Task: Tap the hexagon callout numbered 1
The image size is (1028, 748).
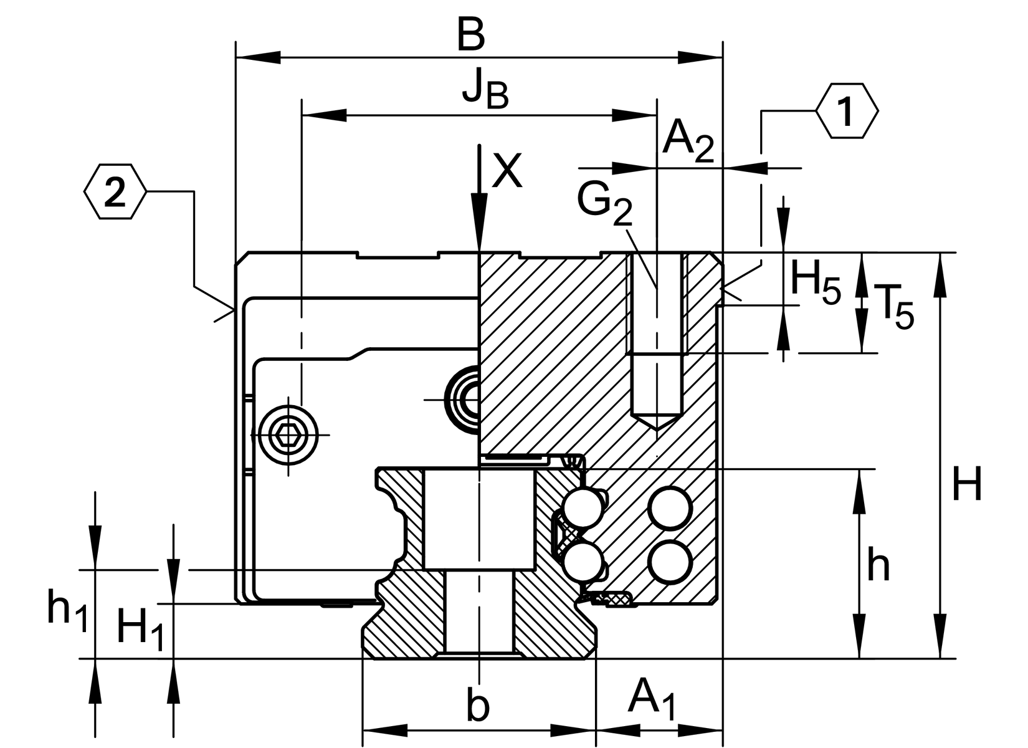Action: pos(847,111)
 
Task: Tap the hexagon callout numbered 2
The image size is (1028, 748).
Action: pos(115,192)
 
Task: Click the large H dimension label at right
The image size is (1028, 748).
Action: pos(967,484)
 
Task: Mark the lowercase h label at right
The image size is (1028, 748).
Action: pos(878,566)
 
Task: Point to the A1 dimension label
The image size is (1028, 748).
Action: pos(652,699)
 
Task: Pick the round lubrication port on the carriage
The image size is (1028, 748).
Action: pos(462,398)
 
